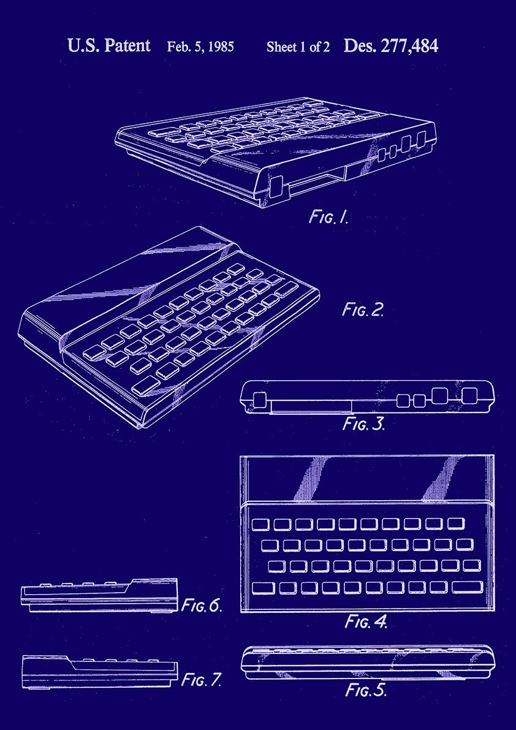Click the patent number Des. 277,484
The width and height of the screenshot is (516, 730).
pyautogui.click(x=391, y=46)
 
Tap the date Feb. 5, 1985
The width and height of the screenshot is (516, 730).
pyautogui.click(x=200, y=47)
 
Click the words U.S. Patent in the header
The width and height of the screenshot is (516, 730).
pyautogui.click(x=108, y=45)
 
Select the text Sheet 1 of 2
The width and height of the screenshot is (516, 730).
pyautogui.click(x=298, y=47)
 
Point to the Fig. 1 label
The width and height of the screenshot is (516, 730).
pyautogui.click(x=328, y=216)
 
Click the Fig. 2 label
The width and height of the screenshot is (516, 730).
pyautogui.click(x=363, y=310)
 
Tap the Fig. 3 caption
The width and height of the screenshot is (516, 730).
pyautogui.click(x=363, y=424)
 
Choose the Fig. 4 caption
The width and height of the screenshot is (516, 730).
pyautogui.click(x=366, y=622)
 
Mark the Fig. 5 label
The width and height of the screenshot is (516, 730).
pyautogui.click(x=366, y=690)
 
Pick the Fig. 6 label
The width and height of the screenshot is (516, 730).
pyautogui.click(x=202, y=606)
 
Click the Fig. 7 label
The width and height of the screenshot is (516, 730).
pyautogui.click(x=202, y=679)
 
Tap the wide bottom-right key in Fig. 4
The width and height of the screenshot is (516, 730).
pyautogui.click(x=467, y=587)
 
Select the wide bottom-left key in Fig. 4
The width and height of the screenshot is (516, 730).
pyautogui.click(x=263, y=588)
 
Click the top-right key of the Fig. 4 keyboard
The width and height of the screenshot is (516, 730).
pyautogui.click(x=456, y=523)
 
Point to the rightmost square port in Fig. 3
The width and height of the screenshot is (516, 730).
pyautogui.click(x=469, y=396)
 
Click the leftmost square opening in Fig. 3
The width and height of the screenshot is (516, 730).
pyautogui.click(x=259, y=400)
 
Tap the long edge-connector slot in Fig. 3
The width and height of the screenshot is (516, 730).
pyautogui.click(x=310, y=407)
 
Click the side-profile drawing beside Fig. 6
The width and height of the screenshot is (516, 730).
pyautogui.click(x=99, y=595)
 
